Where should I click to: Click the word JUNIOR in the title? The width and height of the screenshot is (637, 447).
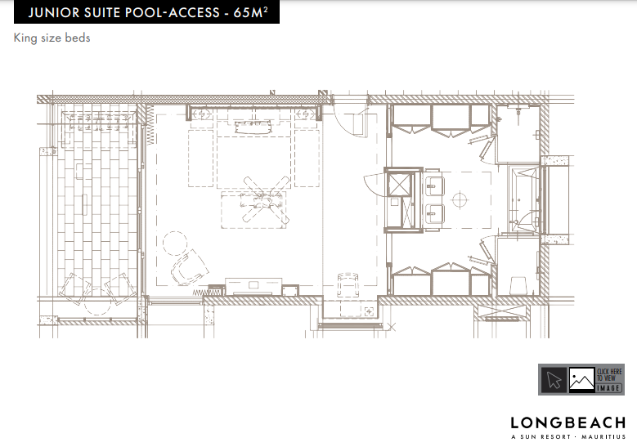click(x=54, y=12)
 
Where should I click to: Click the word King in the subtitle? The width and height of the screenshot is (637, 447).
click(x=25, y=38)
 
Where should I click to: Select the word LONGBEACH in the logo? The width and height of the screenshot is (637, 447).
click(x=568, y=423)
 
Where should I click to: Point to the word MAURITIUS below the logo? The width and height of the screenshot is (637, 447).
click(x=603, y=437)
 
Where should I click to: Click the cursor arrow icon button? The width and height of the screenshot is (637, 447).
click(x=554, y=380)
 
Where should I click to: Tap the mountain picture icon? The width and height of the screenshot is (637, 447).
click(x=581, y=380)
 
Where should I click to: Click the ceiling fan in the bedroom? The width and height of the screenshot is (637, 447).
click(x=266, y=199)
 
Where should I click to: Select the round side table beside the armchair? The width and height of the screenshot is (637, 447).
click(x=175, y=243)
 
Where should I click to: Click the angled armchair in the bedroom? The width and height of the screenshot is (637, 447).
click(x=189, y=266)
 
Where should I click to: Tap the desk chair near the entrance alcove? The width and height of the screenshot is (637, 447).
click(x=348, y=285)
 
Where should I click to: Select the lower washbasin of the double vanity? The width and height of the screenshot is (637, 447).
click(x=433, y=214)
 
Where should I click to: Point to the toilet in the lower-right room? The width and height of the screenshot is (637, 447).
click(x=518, y=285)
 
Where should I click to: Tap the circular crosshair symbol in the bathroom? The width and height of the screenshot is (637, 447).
click(x=460, y=199)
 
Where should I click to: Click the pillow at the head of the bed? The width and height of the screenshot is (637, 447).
click(x=253, y=127)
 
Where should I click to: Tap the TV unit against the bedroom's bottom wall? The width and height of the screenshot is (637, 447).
click(x=253, y=286)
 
